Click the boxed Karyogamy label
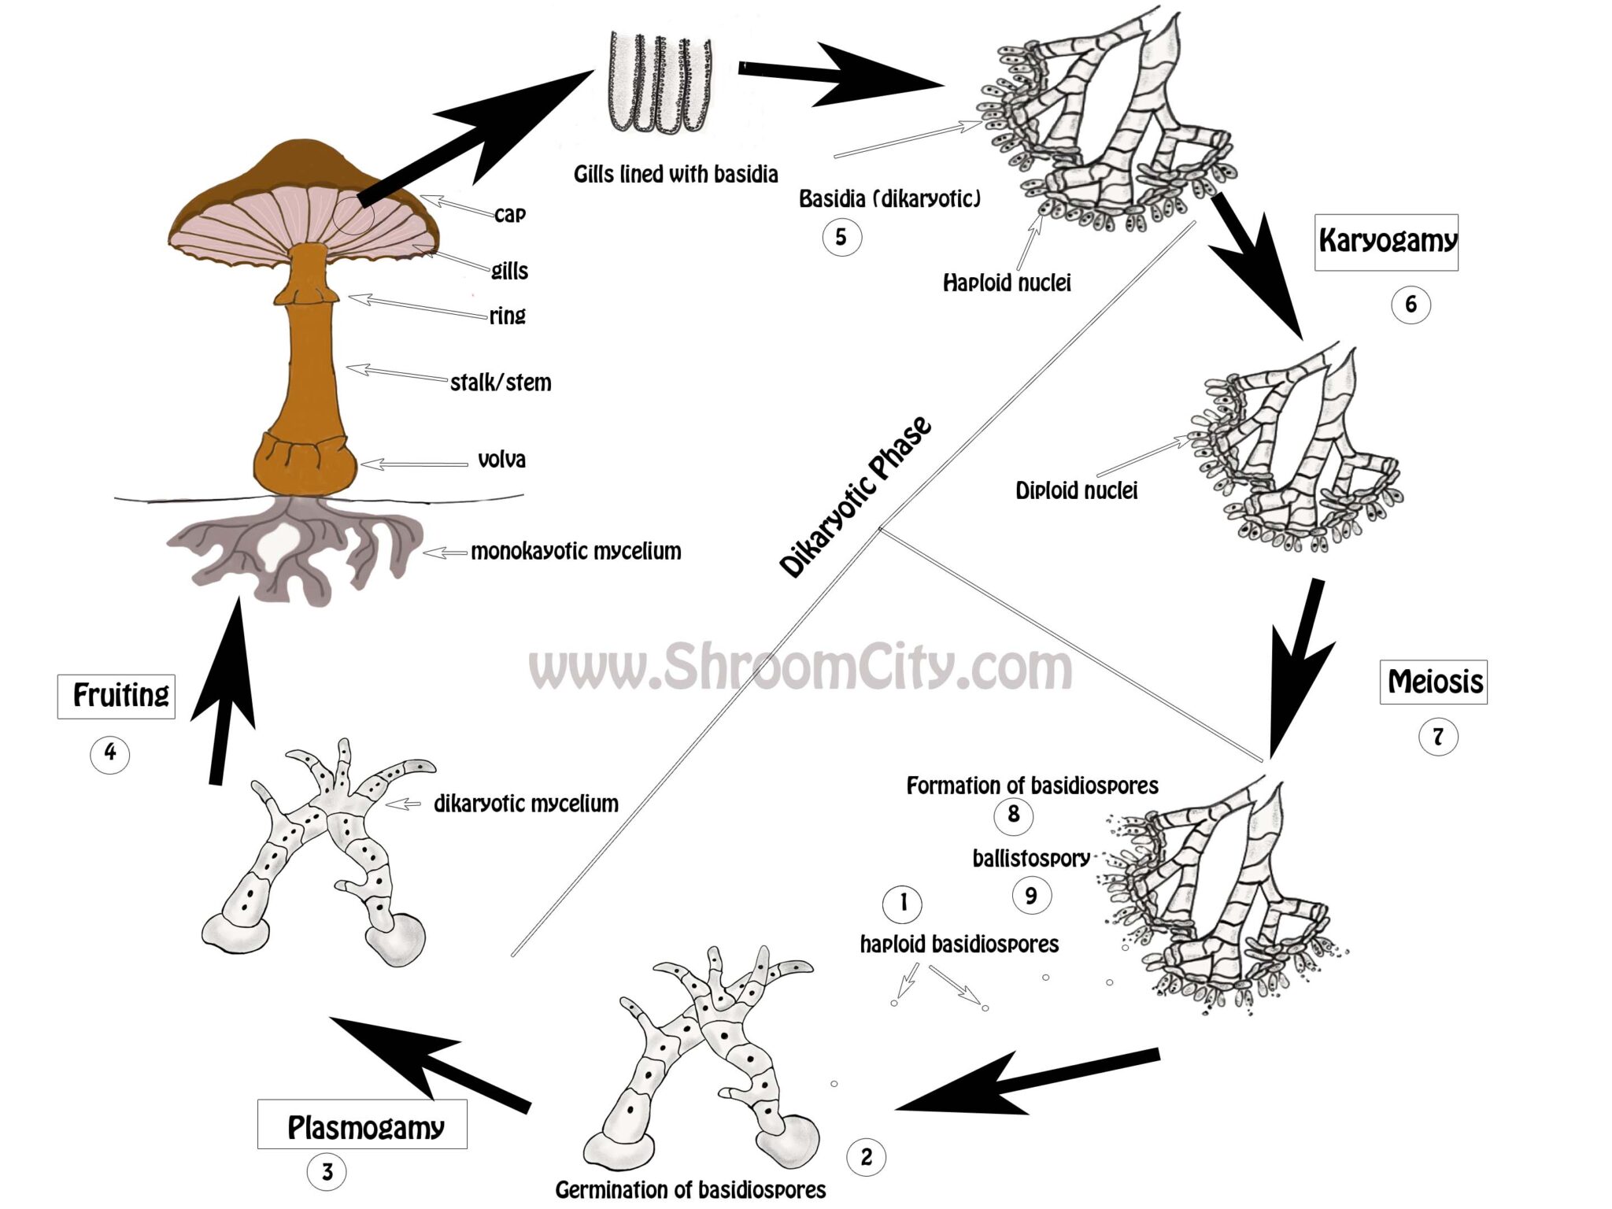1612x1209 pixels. [x=1386, y=242]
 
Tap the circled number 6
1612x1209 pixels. [x=1410, y=305]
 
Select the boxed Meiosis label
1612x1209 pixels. [x=1433, y=682]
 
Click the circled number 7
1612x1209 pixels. [x=1438, y=738]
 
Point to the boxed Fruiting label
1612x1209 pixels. [x=116, y=696]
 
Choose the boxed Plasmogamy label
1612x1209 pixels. [x=363, y=1126]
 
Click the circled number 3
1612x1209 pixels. [x=327, y=1172]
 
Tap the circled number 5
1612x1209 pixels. [x=841, y=237]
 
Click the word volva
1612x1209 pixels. [x=501, y=460]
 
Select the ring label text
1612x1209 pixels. [x=507, y=316]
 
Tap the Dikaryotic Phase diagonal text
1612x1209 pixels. [x=856, y=497]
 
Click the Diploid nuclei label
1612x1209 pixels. [x=1076, y=491]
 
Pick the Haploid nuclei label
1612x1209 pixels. [x=1007, y=283]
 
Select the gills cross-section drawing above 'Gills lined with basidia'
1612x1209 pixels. [x=660, y=83]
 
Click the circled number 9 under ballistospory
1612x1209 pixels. [x=1030, y=895]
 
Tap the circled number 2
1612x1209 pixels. [x=866, y=1157]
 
